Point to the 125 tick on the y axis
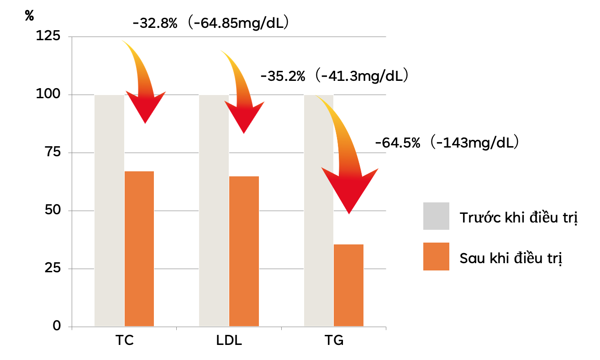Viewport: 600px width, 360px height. pyautogui.click(x=48, y=37)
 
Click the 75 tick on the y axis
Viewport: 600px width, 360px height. pyautogui.click(x=52, y=153)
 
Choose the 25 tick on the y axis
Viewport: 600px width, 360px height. pyautogui.click(x=52, y=269)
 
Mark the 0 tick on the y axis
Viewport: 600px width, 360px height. pyautogui.click(x=57, y=326)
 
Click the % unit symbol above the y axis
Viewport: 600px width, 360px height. pyautogui.click(x=30, y=16)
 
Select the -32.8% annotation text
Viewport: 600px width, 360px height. pyautogui.click(x=155, y=23)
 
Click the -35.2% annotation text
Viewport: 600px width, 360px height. pyautogui.click(x=283, y=76)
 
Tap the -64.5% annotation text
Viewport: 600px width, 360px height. pyautogui.click(x=397, y=143)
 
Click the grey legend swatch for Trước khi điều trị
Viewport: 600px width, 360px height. pyautogui.click(x=436, y=216)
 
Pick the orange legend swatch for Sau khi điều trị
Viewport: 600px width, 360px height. pyautogui.click(x=436, y=256)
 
